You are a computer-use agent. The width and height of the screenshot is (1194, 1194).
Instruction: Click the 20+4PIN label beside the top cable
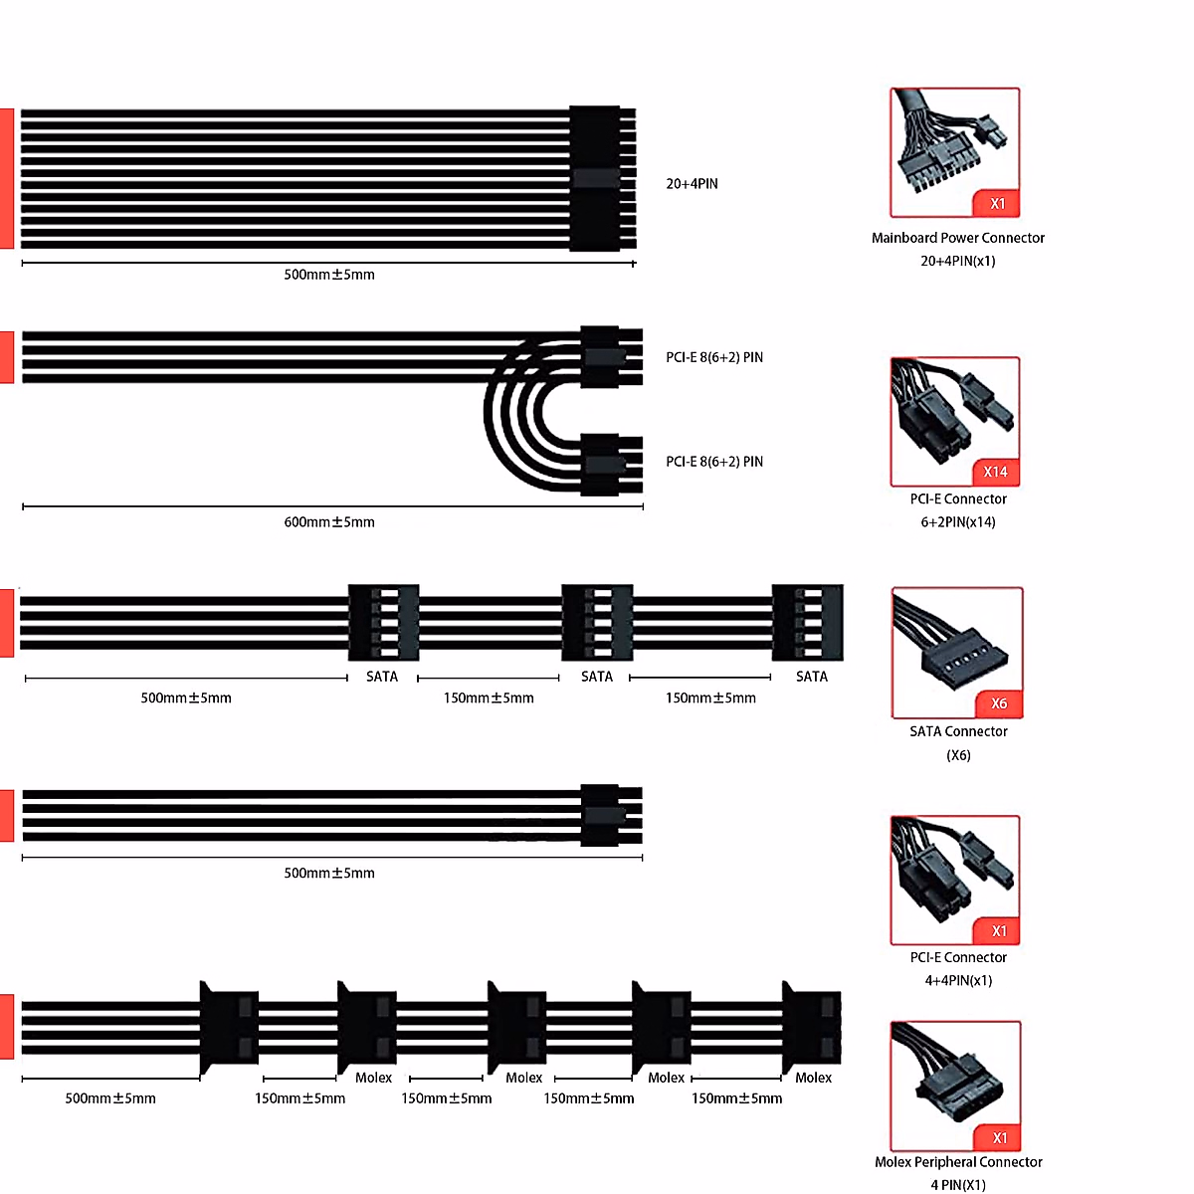[692, 184]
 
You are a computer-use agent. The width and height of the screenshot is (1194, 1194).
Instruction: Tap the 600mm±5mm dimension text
[329, 522]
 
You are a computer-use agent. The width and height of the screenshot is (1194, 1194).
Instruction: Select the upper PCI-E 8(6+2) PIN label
[714, 357]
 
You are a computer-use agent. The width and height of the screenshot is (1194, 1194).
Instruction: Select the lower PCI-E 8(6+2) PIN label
[714, 462]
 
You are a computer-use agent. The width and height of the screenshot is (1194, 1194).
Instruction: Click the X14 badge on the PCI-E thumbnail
[995, 472]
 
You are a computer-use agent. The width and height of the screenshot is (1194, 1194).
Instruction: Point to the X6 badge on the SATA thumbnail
[999, 703]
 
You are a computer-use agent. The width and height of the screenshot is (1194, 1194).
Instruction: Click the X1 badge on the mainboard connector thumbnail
[998, 204]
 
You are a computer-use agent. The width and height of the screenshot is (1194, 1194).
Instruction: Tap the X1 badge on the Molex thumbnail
[1000, 1137]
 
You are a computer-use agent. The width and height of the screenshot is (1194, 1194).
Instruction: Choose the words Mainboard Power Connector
[958, 238]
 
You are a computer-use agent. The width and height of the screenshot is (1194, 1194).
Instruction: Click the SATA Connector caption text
[958, 731]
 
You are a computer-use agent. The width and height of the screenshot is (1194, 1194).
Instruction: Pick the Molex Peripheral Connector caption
[958, 1162]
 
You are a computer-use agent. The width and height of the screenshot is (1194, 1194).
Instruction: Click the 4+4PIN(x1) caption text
[958, 981]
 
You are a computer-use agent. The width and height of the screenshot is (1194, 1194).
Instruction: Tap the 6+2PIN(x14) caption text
[958, 522]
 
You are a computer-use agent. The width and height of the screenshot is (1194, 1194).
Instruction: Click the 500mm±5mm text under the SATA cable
[186, 698]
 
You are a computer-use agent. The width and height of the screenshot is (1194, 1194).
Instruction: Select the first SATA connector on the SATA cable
[383, 623]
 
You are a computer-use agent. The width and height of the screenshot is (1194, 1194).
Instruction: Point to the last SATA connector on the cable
[808, 623]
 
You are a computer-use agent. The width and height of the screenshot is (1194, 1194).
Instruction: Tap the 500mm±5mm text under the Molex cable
[110, 1098]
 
